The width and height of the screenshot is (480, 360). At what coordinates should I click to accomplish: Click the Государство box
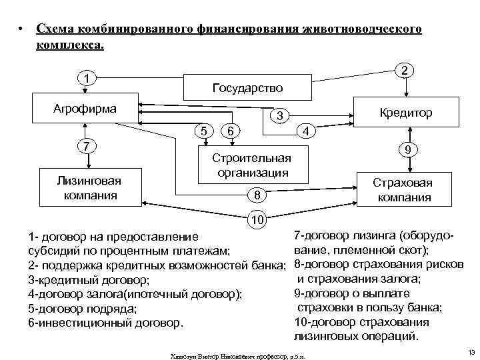pyautogui.click(x=247, y=88)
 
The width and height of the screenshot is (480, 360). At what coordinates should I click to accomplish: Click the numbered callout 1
pyautogui.click(x=86, y=79)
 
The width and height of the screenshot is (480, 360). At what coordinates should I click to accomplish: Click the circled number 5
pyautogui.click(x=203, y=131)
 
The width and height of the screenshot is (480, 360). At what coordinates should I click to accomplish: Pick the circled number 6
pyautogui.click(x=229, y=131)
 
